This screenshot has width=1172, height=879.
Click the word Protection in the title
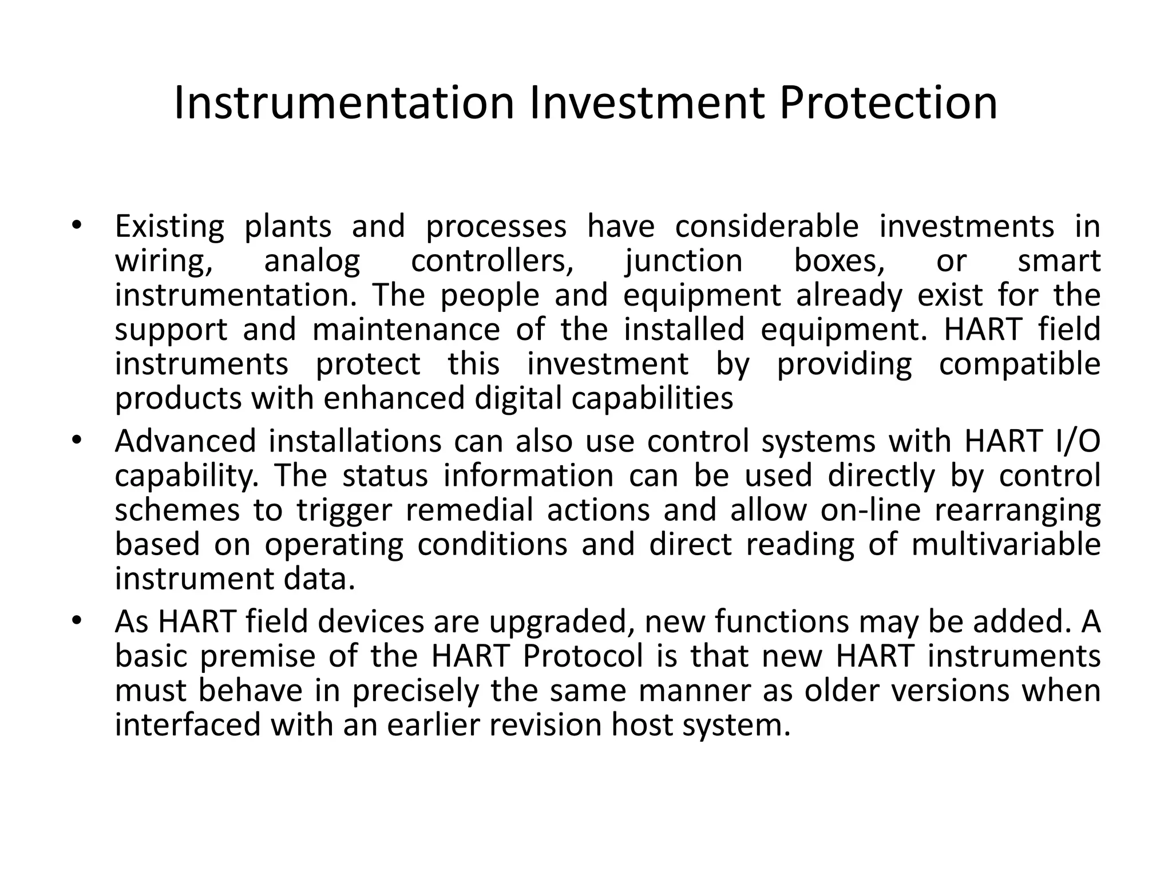[888, 103]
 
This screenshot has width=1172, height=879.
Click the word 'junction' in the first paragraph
[684, 261]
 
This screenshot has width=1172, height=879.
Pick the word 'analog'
[312, 261]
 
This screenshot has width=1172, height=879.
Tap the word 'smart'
[1059, 261]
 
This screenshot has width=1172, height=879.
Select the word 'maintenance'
[406, 330]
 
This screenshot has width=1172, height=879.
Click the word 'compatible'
[1019, 364]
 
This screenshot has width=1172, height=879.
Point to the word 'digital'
[518, 398]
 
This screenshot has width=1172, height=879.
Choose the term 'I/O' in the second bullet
[1076, 441]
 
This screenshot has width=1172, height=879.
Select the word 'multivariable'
[1006, 544]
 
